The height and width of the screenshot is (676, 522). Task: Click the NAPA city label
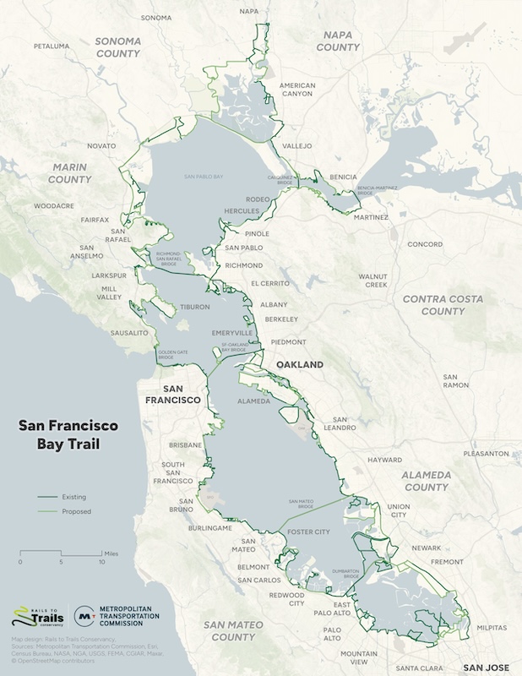249,11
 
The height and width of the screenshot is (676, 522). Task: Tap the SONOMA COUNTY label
117,46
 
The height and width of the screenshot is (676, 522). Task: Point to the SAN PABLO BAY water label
204,177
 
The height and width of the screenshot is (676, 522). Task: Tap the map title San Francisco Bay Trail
68,434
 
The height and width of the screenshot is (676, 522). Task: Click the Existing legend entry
73,497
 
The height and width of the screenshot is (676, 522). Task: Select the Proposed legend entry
75,511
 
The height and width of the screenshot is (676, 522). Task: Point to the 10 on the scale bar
101,562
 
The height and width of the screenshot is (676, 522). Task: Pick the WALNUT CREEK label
372,281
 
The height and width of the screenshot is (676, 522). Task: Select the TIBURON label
193,308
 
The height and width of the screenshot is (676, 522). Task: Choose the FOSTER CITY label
309,532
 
